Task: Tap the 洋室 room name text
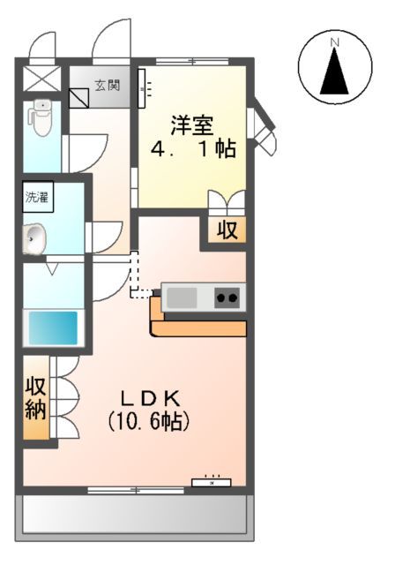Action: (x=191, y=124)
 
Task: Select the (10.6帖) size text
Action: (x=149, y=421)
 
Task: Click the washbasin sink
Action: (x=35, y=237)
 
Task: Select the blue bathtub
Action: (x=54, y=328)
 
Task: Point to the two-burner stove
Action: (x=227, y=298)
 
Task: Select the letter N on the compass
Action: (x=335, y=41)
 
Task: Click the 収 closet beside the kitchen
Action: (x=227, y=231)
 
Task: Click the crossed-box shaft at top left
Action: (x=41, y=79)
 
